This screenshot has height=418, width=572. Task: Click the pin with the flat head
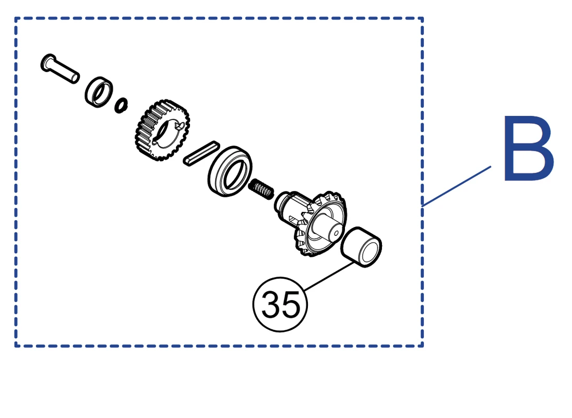pos(60,68)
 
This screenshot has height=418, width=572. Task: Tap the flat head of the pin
pos(48,63)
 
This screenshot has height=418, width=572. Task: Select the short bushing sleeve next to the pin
pos(99,92)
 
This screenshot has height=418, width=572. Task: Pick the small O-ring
pos(121,105)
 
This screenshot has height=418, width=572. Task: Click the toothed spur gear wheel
pos(162,130)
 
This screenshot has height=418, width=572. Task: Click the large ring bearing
pos(230,171)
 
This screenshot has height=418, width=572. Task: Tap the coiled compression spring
pos(261,189)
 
